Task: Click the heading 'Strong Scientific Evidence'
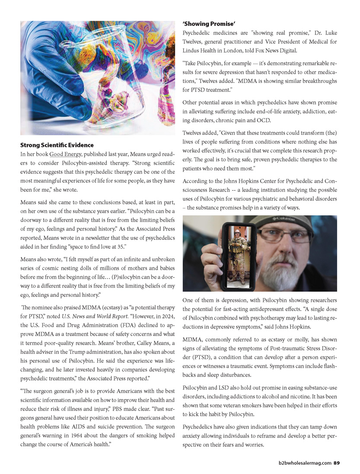57,145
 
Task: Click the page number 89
337,463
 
